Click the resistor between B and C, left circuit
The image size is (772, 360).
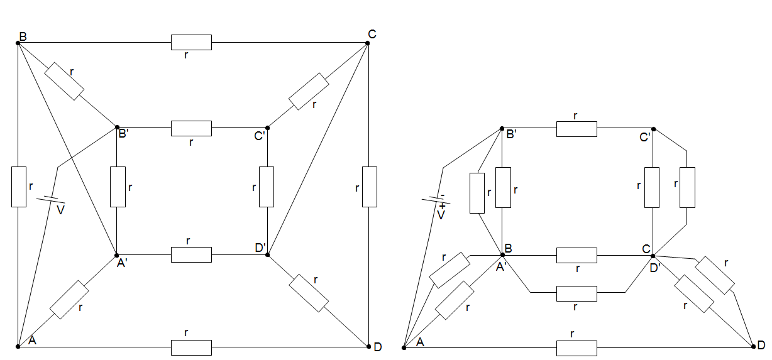tap(191, 43)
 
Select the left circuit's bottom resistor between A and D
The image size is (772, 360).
tap(191, 346)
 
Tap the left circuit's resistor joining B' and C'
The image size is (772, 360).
tap(191, 128)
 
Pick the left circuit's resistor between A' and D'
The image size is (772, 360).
tap(191, 254)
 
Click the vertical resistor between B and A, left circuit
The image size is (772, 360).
tap(19, 187)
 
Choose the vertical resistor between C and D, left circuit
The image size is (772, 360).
tap(369, 187)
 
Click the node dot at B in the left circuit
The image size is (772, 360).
tap(18, 43)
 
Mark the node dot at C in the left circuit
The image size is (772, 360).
tap(368, 43)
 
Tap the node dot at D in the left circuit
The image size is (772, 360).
tap(368, 346)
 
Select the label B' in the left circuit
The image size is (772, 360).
tap(123, 133)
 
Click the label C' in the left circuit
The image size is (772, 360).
tap(260, 134)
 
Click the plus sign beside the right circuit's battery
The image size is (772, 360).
tap(443, 205)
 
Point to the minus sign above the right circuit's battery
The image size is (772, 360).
tap(442, 195)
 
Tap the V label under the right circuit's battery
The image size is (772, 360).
tap(441, 215)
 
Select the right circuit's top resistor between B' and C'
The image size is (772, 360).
tap(576, 129)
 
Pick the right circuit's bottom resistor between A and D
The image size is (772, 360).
tap(576, 347)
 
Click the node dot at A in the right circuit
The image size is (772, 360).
tap(404, 347)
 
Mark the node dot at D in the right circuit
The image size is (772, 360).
tap(753, 347)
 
